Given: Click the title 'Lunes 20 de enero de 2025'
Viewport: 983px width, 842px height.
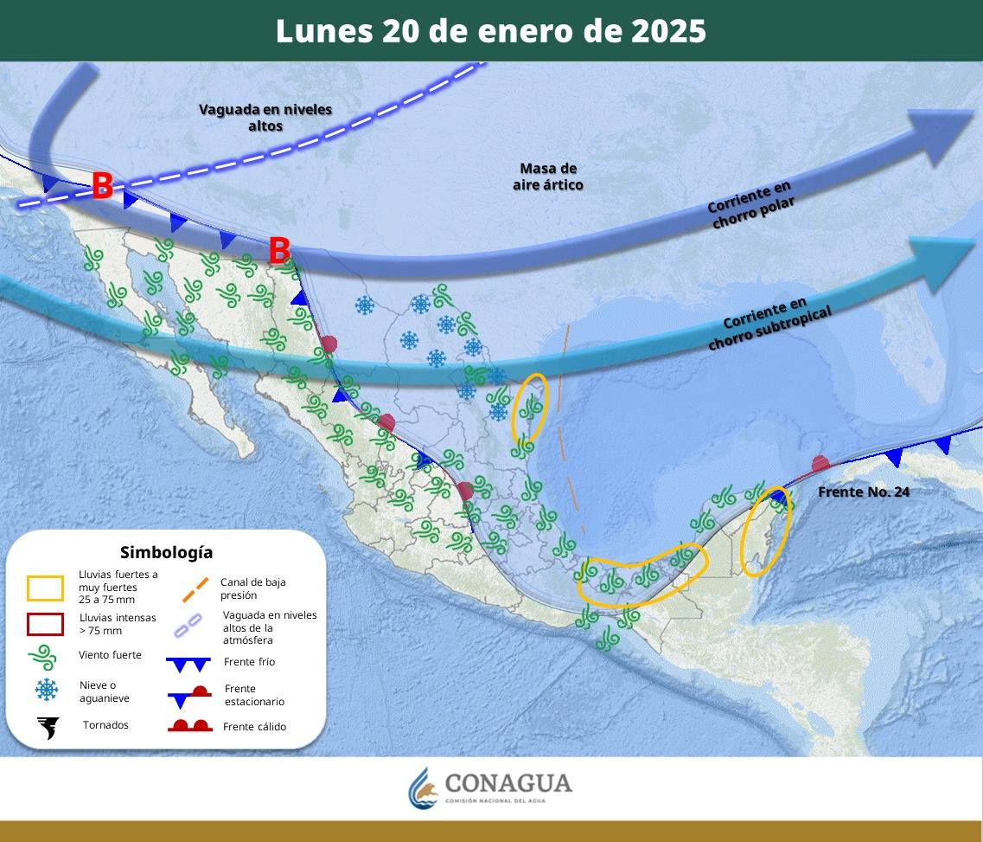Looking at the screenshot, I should [491, 31].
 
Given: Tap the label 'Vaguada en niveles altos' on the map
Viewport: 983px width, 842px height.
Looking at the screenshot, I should [265, 118].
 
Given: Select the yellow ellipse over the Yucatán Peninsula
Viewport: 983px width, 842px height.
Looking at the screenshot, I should [765, 532].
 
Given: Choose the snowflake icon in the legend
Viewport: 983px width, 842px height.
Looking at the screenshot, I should [46, 690].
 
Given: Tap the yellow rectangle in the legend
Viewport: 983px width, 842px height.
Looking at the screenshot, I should [45, 588].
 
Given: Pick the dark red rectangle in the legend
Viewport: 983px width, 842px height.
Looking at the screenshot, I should [45, 624].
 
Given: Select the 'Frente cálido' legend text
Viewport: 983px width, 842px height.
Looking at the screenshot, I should [254, 727].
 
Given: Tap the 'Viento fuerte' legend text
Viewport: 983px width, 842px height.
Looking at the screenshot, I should [110, 655].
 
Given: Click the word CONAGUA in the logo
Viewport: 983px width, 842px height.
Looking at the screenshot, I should [508, 783].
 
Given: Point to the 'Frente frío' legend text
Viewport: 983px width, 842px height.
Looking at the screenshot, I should [249, 662].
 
